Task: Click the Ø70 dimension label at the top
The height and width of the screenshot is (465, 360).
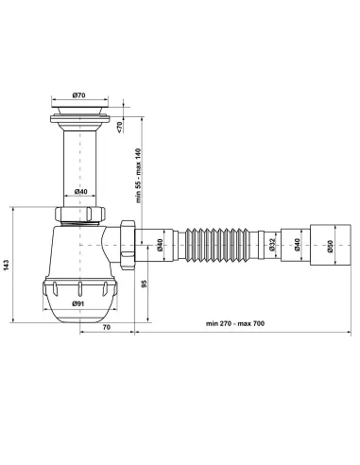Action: coord(79,96)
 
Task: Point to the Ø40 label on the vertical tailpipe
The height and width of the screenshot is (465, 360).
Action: coord(81,193)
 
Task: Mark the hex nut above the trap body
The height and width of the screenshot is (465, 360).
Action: coord(81,215)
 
